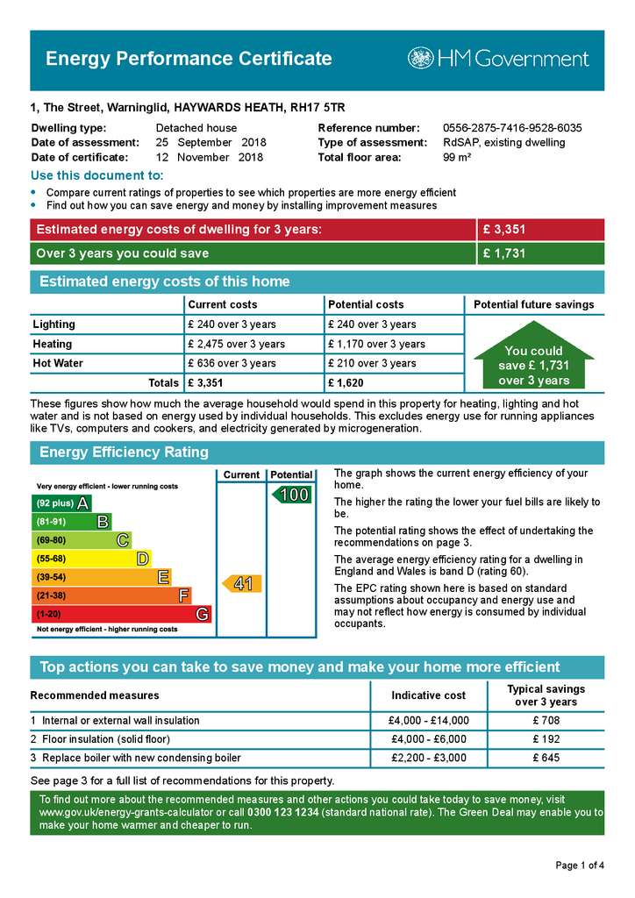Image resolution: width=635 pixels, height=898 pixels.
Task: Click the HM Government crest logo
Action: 420,59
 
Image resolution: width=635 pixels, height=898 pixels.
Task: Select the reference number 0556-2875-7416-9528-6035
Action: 512,128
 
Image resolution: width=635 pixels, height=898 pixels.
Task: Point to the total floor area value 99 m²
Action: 457,158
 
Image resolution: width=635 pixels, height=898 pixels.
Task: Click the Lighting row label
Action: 54,324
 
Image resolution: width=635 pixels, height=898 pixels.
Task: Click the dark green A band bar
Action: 61,503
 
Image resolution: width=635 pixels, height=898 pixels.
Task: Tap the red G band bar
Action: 121,615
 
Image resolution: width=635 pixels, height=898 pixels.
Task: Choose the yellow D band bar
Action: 91,559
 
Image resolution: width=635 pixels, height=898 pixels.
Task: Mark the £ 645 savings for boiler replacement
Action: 546,758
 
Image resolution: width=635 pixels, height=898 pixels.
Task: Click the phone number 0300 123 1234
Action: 283,813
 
